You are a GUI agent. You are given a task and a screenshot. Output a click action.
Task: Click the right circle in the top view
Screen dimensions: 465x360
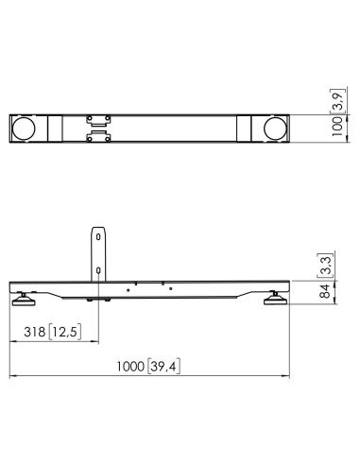point(276,129)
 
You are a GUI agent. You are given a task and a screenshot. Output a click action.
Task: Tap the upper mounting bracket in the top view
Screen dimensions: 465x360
point(97,120)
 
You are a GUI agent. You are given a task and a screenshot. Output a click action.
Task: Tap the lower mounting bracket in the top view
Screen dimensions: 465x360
point(97,138)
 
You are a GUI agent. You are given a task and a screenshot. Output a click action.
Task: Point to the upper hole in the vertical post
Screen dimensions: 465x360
point(97,239)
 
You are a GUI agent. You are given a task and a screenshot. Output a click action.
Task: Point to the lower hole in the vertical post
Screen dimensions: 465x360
point(97,269)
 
